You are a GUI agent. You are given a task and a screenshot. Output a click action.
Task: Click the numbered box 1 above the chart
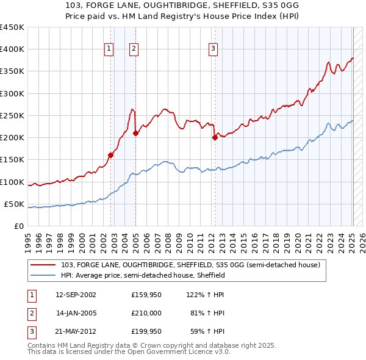[109, 49]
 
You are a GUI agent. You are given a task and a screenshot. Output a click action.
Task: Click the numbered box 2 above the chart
[134, 49]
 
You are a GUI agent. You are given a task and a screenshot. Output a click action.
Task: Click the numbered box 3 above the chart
[213, 49]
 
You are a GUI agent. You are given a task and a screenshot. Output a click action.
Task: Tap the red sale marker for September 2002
[111, 155]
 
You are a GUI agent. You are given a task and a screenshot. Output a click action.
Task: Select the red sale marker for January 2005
[135, 133]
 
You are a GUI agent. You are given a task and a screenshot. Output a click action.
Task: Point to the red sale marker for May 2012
[215, 137]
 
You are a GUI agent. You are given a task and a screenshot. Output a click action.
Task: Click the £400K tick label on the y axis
[12, 49]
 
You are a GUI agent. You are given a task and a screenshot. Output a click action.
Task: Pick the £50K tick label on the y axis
[14, 204]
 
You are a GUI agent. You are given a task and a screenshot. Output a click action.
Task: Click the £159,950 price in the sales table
[146, 295]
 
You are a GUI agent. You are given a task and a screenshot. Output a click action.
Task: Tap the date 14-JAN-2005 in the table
[76, 313]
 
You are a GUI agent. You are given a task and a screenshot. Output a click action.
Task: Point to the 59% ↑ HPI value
[209, 331]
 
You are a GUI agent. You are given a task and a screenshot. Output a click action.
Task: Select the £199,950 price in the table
[146, 331]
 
